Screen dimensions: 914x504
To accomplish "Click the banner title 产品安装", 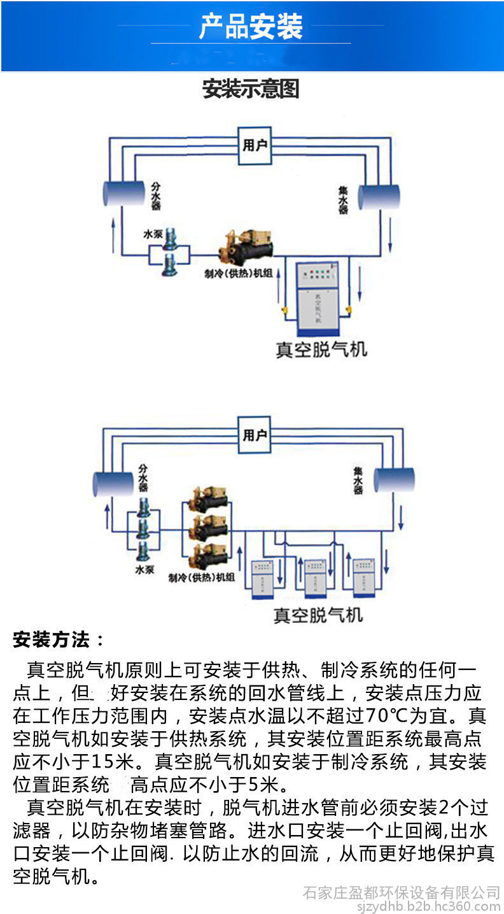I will coord(251,27).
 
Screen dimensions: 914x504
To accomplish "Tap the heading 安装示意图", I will coord(251,89).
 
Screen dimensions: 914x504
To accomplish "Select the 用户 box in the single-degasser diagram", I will coord(255,146).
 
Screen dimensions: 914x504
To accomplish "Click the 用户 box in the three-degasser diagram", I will coord(255,435).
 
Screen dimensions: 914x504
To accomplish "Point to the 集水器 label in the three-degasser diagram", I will coord(358,482).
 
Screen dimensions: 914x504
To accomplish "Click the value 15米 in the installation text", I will coord(114,760).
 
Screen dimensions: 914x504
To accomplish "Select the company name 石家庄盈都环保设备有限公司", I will coord(401,892).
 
